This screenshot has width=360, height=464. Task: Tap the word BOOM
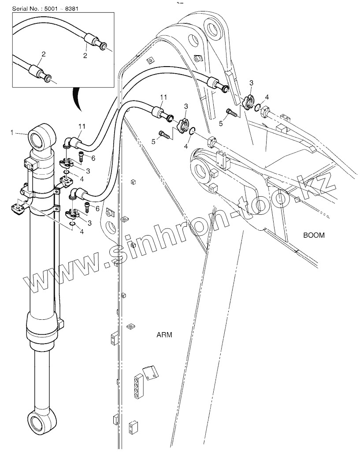coord(314,235)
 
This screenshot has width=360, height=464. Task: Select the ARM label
coord(164,335)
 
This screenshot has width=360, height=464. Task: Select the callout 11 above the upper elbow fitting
coord(82,127)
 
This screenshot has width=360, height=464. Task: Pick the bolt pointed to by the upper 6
coord(82,155)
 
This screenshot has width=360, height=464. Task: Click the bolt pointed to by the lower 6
coord(88,206)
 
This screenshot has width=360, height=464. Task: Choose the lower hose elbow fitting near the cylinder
coord(79,193)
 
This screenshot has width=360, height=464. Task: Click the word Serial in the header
coord(21,9)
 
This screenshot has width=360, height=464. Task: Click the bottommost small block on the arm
coord(133,427)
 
